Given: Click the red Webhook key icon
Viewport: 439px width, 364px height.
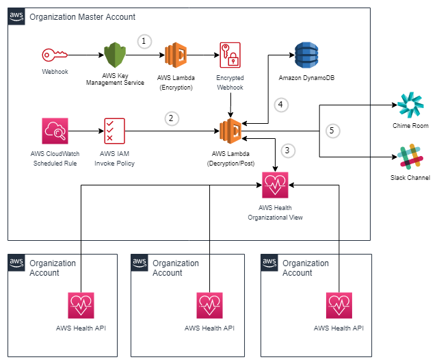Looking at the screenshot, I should [55, 55].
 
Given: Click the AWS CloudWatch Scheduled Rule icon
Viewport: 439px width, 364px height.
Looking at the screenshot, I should [55, 130].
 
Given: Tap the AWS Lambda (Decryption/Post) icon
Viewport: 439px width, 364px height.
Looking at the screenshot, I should [231, 130].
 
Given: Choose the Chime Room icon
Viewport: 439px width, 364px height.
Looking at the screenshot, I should [410, 106].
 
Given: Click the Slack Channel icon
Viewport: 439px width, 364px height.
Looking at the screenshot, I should [410, 157].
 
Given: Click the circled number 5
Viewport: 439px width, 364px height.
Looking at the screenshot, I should [332, 129].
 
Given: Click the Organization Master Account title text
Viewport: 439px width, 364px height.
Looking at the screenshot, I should [82, 17].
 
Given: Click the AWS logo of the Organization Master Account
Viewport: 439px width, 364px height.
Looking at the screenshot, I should [17, 17].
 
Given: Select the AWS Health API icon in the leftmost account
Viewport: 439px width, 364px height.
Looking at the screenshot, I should [81, 306].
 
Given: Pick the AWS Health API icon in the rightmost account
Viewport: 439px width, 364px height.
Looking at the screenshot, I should [338, 306].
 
